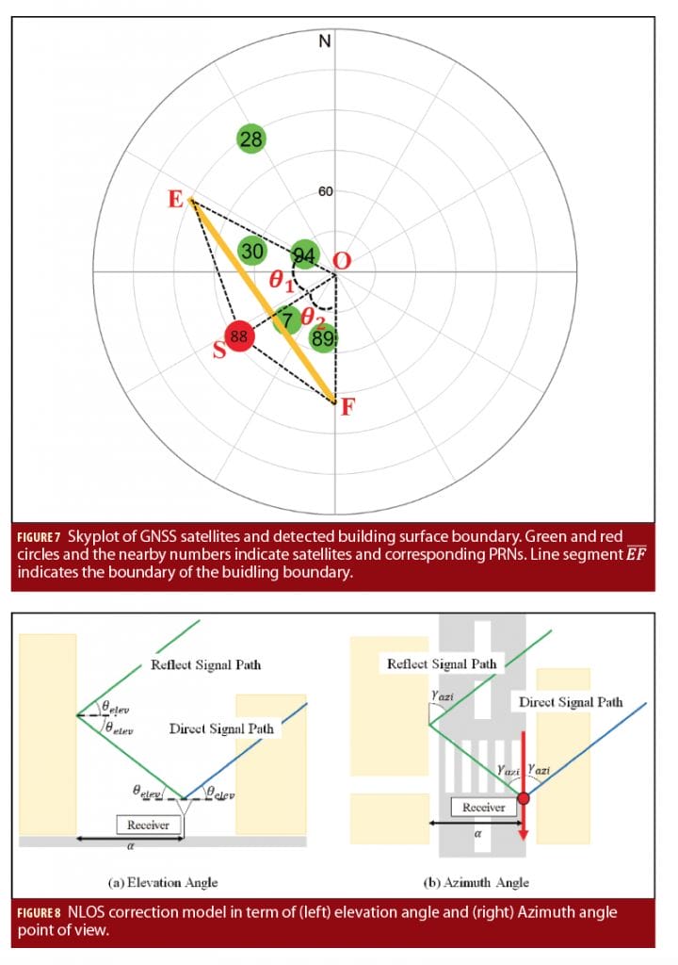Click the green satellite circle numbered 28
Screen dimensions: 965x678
(x=251, y=139)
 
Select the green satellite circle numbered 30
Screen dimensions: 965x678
(x=252, y=252)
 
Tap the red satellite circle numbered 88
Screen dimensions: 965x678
(x=239, y=335)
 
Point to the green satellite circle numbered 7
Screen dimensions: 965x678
(x=288, y=321)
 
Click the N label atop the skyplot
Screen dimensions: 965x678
(x=325, y=41)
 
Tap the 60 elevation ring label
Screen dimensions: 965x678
(x=326, y=192)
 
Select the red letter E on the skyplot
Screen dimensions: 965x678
(x=175, y=201)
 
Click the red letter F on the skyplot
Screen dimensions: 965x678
(x=347, y=409)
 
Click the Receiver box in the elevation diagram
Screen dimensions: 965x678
(x=149, y=825)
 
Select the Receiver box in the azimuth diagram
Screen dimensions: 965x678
(x=483, y=808)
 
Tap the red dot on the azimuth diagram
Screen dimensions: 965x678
(x=523, y=799)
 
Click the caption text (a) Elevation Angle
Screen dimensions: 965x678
(x=163, y=882)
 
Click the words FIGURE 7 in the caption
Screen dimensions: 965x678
(x=40, y=537)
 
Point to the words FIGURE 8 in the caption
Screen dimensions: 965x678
(x=40, y=913)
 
